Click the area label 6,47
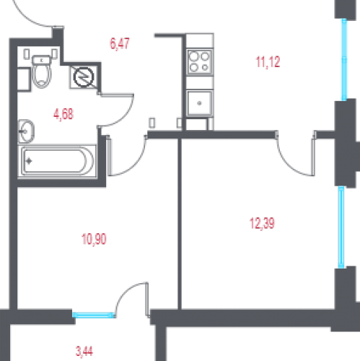click(120, 44)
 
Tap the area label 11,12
click(268, 62)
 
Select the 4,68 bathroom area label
click(63, 114)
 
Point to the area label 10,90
click(94, 239)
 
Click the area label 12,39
click(262, 223)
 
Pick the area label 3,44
click(84, 352)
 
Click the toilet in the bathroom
click(42, 71)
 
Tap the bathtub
click(57, 161)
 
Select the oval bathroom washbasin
click(26, 131)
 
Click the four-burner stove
click(199, 62)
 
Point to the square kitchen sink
click(200, 103)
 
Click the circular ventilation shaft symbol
click(84, 77)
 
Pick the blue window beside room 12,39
click(341, 227)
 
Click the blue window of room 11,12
click(344, 59)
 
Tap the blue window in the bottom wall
click(94, 315)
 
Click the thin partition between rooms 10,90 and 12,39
click(180, 224)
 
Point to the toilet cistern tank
click(42, 60)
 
